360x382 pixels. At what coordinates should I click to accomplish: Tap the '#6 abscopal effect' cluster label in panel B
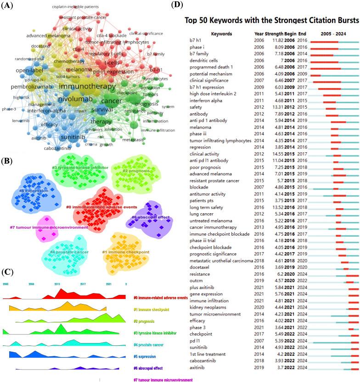(x=150, y=217)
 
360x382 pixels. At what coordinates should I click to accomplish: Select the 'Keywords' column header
(x=221, y=34)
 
